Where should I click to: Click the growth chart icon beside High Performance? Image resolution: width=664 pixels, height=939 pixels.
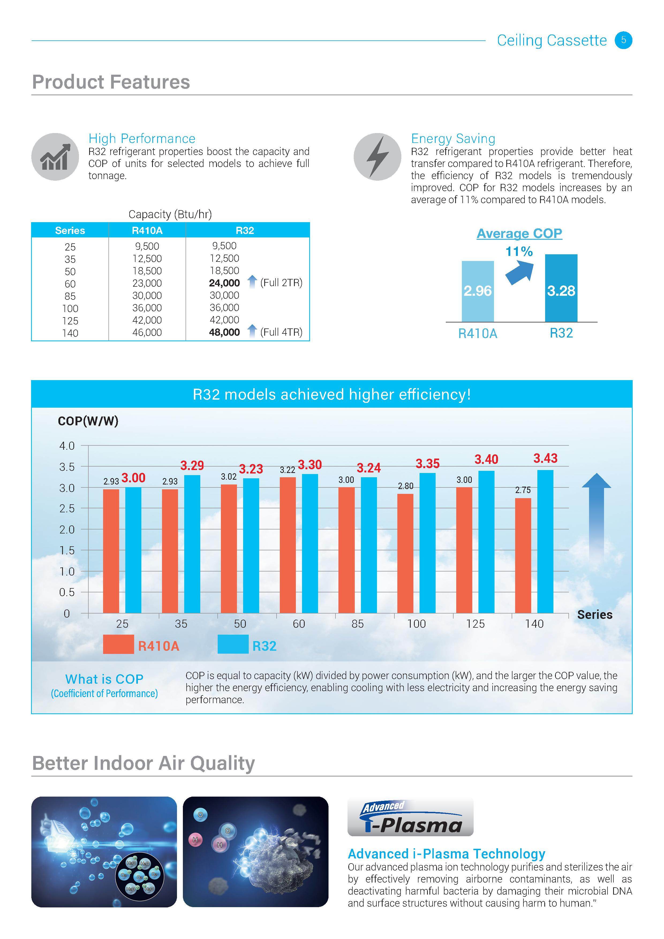coord(55,157)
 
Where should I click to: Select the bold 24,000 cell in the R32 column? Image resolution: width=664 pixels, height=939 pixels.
coord(224,283)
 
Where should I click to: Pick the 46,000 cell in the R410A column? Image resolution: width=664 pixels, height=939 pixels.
coord(147,332)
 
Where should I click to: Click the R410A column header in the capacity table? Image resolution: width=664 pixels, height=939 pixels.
coord(147,231)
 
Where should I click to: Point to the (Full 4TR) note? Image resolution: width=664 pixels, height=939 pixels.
coord(281,332)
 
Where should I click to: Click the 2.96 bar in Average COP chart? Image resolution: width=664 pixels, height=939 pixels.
coord(477,291)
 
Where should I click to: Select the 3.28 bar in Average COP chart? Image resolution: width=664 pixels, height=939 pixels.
coord(561,288)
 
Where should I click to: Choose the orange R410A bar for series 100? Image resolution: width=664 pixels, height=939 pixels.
coord(405,553)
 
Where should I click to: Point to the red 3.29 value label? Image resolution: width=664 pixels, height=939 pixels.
coord(192,465)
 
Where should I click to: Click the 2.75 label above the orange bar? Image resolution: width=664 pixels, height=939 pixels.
coord(523,490)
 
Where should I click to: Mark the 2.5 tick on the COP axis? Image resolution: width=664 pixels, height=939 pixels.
coord(67,508)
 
